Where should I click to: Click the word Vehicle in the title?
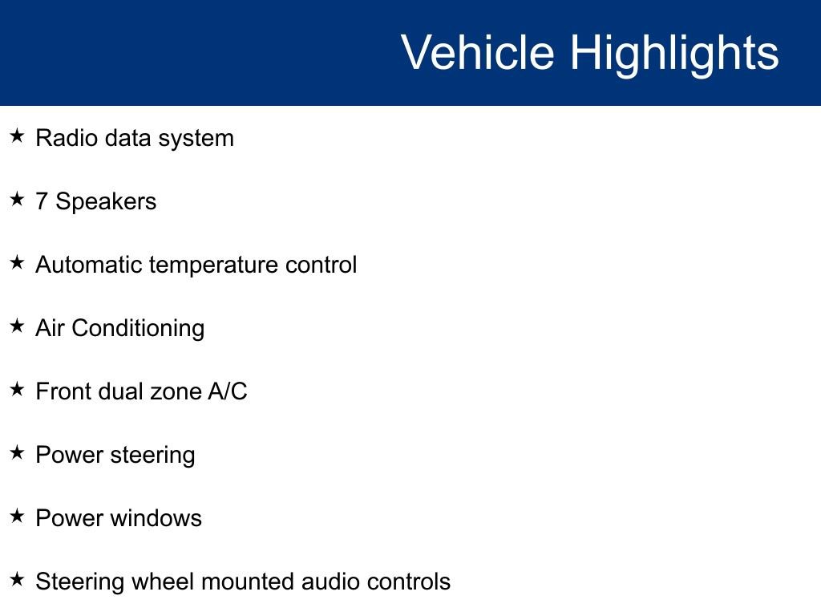click(477, 53)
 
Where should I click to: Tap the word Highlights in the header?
click(674, 53)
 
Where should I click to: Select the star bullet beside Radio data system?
click(17, 136)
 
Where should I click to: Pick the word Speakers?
click(106, 201)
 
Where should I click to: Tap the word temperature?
click(214, 265)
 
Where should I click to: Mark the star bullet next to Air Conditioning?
click(17, 326)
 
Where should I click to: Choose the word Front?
click(63, 391)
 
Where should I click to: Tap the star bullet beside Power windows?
click(17, 517)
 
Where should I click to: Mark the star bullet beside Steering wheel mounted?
click(17, 580)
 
